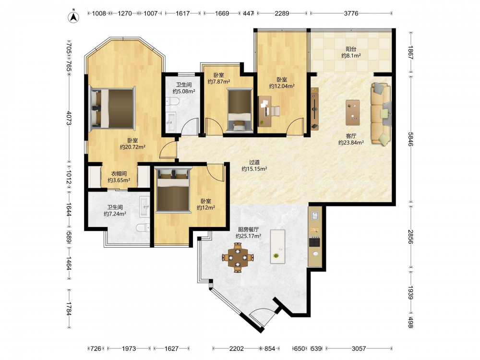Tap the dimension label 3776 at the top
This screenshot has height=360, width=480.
[x=351, y=13]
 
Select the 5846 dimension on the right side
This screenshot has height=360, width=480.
[x=410, y=139]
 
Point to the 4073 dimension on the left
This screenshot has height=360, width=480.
[x=69, y=118]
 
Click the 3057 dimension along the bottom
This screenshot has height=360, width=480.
[x=359, y=348]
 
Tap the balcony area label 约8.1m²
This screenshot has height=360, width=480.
[x=351, y=56]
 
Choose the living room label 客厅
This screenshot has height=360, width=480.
[x=351, y=136]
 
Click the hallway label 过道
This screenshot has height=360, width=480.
[x=254, y=162]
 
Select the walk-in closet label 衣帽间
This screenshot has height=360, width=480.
[x=119, y=174]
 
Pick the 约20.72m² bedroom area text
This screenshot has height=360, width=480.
[x=132, y=147]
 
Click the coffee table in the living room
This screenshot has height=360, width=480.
[x=353, y=112]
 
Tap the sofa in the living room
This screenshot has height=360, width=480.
[x=381, y=114]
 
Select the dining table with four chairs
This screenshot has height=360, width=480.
[x=238, y=257]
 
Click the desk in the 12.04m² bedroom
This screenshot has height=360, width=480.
[x=265, y=111]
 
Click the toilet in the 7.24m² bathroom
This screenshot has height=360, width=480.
[x=143, y=228]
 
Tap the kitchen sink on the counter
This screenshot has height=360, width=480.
[x=315, y=215]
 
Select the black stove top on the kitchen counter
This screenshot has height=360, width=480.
[x=315, y=242]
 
